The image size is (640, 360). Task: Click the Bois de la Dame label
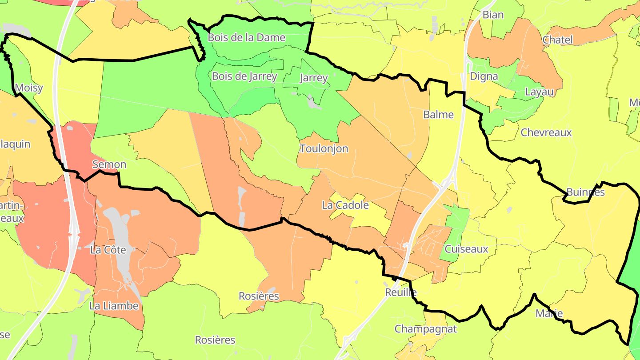246,38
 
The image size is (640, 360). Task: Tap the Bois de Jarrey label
244,76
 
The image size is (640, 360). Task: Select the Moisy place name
29,88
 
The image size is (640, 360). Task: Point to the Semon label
109,164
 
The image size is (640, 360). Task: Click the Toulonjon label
324,148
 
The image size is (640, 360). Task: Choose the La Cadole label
345,205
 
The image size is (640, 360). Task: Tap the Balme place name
438,115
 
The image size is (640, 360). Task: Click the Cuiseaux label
466,249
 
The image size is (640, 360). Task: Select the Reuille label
400,292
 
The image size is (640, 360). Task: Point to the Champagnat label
426,329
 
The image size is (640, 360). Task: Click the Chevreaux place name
546,132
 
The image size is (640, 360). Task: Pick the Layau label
539,92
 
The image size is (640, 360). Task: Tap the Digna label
484,76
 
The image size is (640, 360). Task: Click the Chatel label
558,40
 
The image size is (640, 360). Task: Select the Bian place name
493,15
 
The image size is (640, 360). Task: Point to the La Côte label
108,250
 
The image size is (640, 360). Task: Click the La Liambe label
114,306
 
